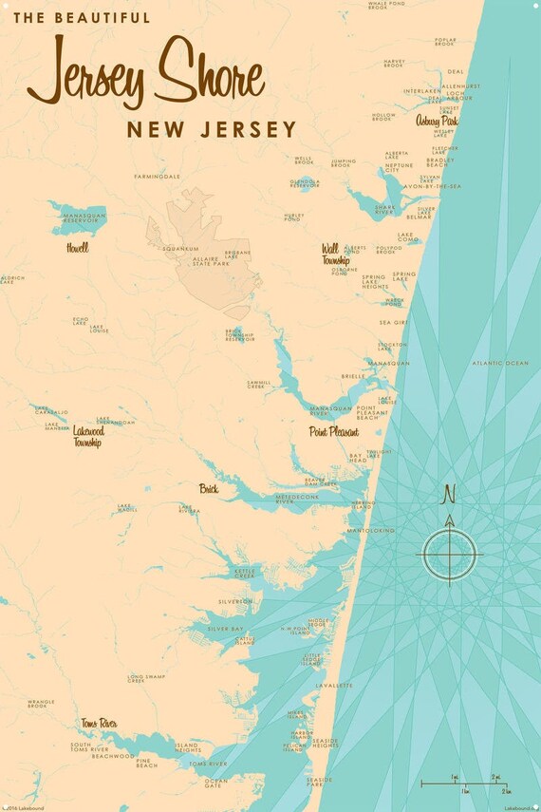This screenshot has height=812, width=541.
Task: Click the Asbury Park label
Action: coord(437,121)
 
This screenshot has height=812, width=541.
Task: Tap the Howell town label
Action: coord(77,248)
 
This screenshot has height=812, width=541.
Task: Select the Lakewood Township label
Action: coord(86,436)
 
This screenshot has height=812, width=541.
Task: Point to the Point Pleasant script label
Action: coord(334,431)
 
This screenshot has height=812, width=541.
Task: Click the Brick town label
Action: coord(209,489)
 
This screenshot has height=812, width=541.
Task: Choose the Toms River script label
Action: coord(99,724)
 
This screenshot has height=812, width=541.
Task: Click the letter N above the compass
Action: coord(450,494)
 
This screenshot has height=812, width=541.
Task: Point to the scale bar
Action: coord(464,784)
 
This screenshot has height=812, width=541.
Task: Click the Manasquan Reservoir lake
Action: coord(82,216)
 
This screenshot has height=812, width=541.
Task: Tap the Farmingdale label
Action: coord(157,176)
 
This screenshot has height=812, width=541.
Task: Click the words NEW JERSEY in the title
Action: coord(211,129)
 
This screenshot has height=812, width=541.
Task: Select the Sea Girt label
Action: coord(392,323)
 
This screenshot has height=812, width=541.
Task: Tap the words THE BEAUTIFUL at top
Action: coord(82,17)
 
